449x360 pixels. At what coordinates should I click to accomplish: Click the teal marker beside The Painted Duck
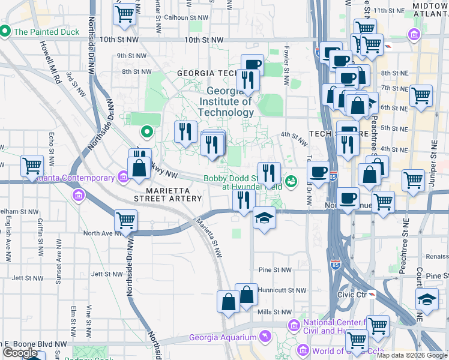pyautogui.click(x=5, y=31)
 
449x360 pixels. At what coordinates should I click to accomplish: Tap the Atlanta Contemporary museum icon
pyautogui.click(x=124, y=177)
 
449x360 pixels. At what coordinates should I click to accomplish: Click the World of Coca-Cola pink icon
pyautogui.click(x=303, y=350)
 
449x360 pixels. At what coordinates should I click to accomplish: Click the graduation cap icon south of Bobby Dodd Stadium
pyautogui.click(x=264, y=218)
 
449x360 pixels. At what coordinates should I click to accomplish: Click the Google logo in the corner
pyautogui.click(x=20, y=353)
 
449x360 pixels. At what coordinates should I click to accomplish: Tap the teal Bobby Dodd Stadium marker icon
pyautogui.click(x=292, y=180)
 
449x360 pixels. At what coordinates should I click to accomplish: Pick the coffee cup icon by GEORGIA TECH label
pyautogui.click(x=253, y=65)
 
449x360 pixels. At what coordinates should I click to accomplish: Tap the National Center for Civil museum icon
pyautogui.click(x=294, y=325)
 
